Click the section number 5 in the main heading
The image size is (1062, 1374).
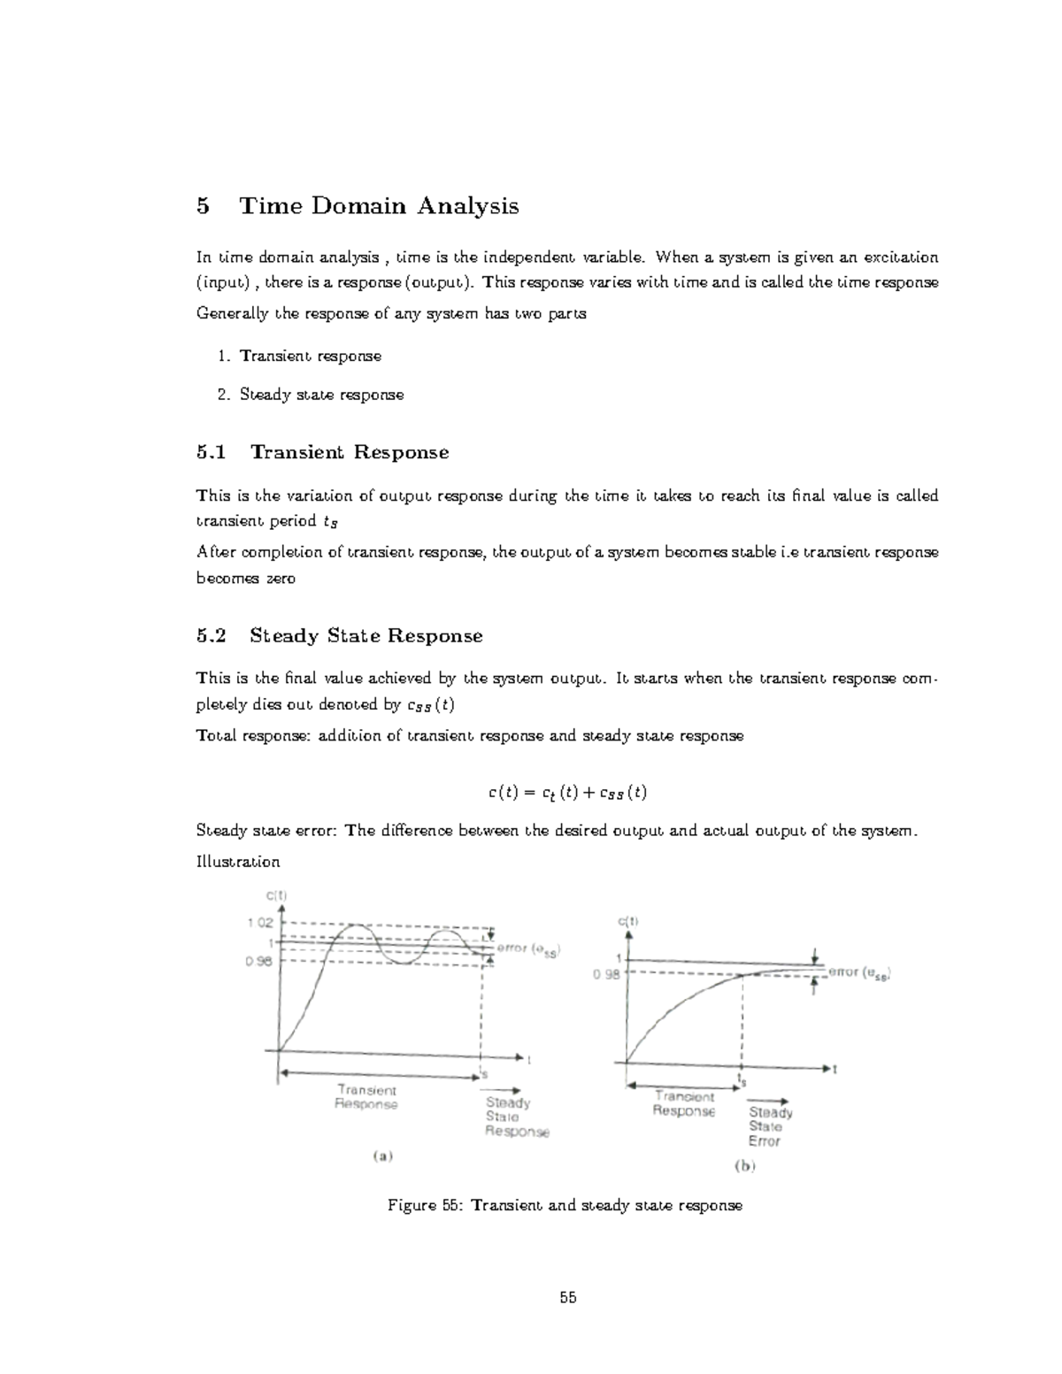pyautogui.click(x=204, y=206)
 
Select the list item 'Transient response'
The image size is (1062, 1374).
pyautogui.click(x=310, y=356)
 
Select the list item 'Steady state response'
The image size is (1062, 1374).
pyautogui.click(x=321, y=395)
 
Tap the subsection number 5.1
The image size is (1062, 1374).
pyautogui.click(x=212, y=452)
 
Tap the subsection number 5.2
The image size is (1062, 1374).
pyautogui.click(x=212, y=635)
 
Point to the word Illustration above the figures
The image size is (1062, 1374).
pyautogui.click(x=237, y=861)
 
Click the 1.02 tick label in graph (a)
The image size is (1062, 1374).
pyautogui.click(x=260, y=922)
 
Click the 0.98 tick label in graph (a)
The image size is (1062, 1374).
pyautogui.click(x=260, y=963)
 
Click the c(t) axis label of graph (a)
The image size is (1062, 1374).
pyautogui.click(x=277, y=894)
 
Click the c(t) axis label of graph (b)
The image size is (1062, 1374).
pyautogui.click(x=627, y=921)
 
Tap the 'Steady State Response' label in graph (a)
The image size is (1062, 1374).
pyautogui.click(x=516, y=1117)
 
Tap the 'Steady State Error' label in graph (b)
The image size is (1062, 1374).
pyautogui.click(x=770, y=1126)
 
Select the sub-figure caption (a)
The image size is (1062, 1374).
pyautogui.click(x=382, y=1155)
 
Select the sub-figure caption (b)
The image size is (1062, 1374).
pyautogui.click(x=744, y=1166)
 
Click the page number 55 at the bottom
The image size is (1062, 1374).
pyautogui.click(x=567, y=1298)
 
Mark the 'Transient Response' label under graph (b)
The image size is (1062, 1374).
pyautogui.click(x=683, y=1103)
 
